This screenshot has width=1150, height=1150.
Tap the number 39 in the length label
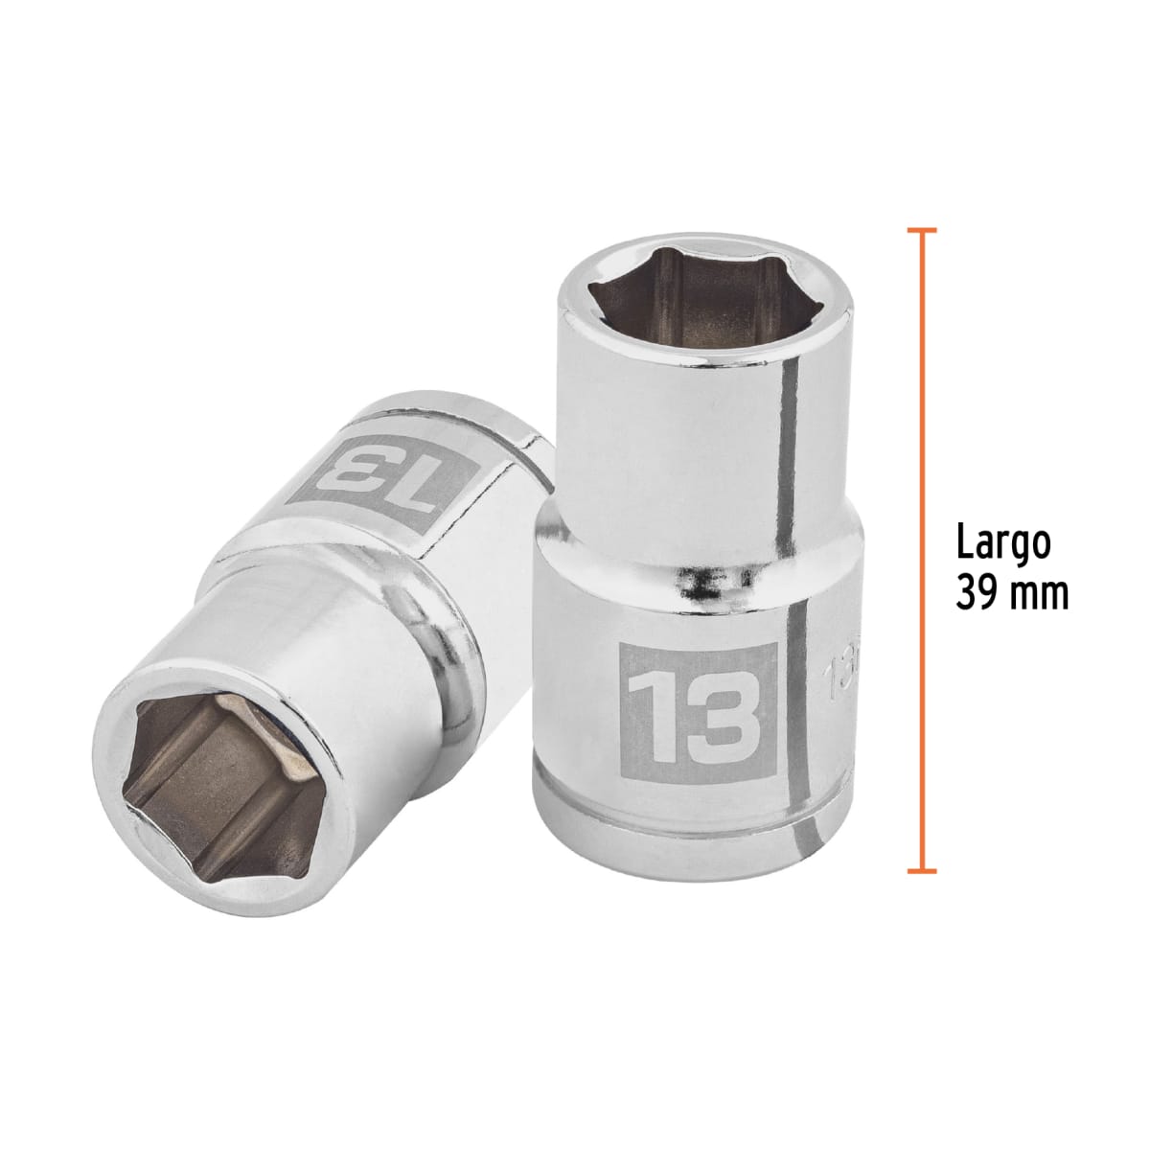point(977,594)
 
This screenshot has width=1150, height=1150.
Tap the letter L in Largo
point(963,542)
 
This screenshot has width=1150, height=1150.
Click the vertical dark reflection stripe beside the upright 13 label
point(793,690)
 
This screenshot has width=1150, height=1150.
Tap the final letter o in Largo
point(1040,546)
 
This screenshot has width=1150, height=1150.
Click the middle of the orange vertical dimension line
point(921,551)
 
